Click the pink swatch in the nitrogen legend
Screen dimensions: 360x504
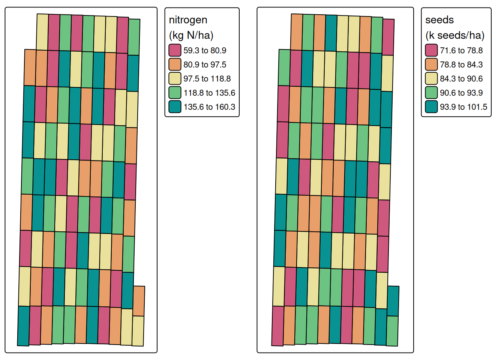point(175,50)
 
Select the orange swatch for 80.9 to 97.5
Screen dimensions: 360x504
point(175,64)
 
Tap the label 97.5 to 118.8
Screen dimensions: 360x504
point(207,79)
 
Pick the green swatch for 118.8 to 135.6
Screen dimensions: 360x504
point(175,93)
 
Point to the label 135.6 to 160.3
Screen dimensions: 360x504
point(209,107)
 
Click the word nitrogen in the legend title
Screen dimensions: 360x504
point(188,20)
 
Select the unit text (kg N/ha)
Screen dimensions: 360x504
point(191,35)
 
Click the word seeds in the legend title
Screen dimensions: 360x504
point(439,20)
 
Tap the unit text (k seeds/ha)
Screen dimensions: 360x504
point(454,35)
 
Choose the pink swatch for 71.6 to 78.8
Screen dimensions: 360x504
point(431,50)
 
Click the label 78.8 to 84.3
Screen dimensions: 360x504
point(461,64)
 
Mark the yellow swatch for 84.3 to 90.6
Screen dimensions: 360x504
point(431,79)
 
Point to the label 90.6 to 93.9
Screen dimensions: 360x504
point(461,93)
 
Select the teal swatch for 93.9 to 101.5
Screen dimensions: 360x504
point(431,107)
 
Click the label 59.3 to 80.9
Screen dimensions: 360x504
point(205,50)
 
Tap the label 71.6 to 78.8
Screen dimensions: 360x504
point(461,50)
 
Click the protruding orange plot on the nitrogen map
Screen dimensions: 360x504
point(139,301)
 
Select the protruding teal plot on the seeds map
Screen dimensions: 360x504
point(393,301)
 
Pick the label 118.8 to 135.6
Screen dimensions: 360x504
point(209,93)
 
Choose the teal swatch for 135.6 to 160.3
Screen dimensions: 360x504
point(175,107)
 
